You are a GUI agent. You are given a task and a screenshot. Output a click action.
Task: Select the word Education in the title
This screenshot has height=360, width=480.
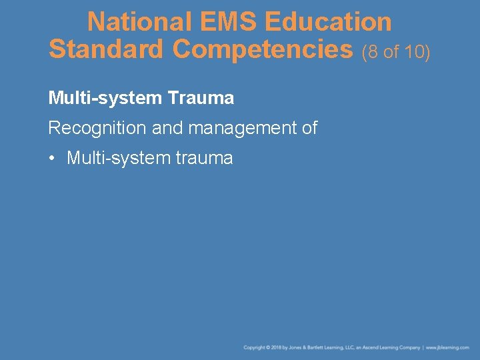coord(328,22)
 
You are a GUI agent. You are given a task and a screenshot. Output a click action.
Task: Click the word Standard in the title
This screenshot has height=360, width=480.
coord(107,49)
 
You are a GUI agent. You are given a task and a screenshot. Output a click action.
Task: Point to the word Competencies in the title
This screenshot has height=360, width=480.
coord(263,49)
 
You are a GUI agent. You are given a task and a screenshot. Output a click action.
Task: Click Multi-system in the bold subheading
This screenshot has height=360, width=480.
coord(105,99)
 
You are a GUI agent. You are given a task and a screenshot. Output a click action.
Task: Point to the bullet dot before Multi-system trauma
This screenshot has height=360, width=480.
coord(52,159)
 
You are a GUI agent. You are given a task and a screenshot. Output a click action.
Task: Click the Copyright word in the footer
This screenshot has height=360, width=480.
coord(255,348)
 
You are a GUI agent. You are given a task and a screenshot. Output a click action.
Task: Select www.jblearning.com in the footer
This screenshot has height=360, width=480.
coord(447,348)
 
